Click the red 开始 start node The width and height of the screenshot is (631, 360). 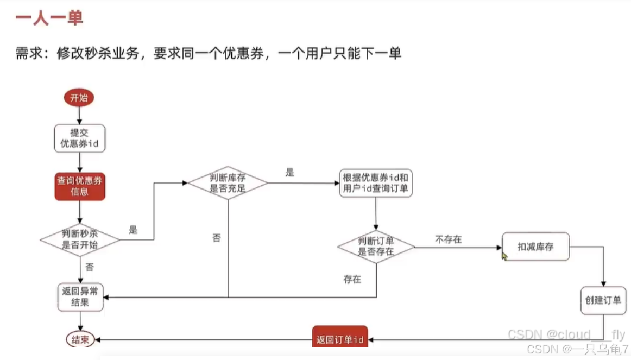point(79,98)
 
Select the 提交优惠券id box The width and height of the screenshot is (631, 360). point(79,138)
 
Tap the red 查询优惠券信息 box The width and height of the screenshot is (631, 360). point(79,186)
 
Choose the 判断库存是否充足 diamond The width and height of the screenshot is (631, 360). point(228,183)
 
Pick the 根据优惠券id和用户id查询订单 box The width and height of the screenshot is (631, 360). point(375,183)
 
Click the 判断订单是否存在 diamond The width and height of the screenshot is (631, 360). point(375,247)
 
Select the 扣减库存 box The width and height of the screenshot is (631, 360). point(535,247)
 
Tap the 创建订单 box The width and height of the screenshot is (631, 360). point(603,300)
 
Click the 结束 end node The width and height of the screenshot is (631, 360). point(80,340)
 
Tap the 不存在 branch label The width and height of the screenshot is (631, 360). point(448,239)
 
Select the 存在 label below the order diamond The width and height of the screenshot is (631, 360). point(352,280)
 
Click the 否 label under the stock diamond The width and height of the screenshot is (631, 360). point(216,238)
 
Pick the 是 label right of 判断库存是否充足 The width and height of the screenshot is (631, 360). point(289,173)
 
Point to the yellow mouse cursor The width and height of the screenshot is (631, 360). point(504,255)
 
